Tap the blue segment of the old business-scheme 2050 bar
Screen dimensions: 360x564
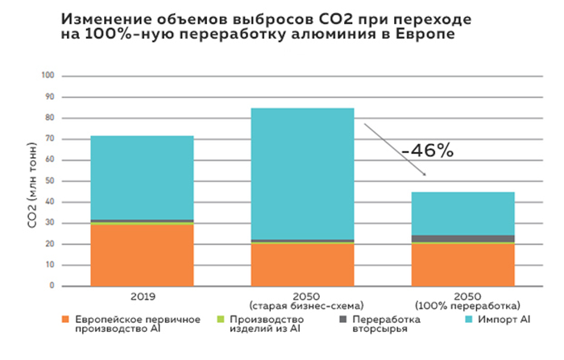(302, 173)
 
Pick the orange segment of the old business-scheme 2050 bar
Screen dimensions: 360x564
(302, 264)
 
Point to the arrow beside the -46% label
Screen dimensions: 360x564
(394, 149)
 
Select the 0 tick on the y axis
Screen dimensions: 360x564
(51, 286)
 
